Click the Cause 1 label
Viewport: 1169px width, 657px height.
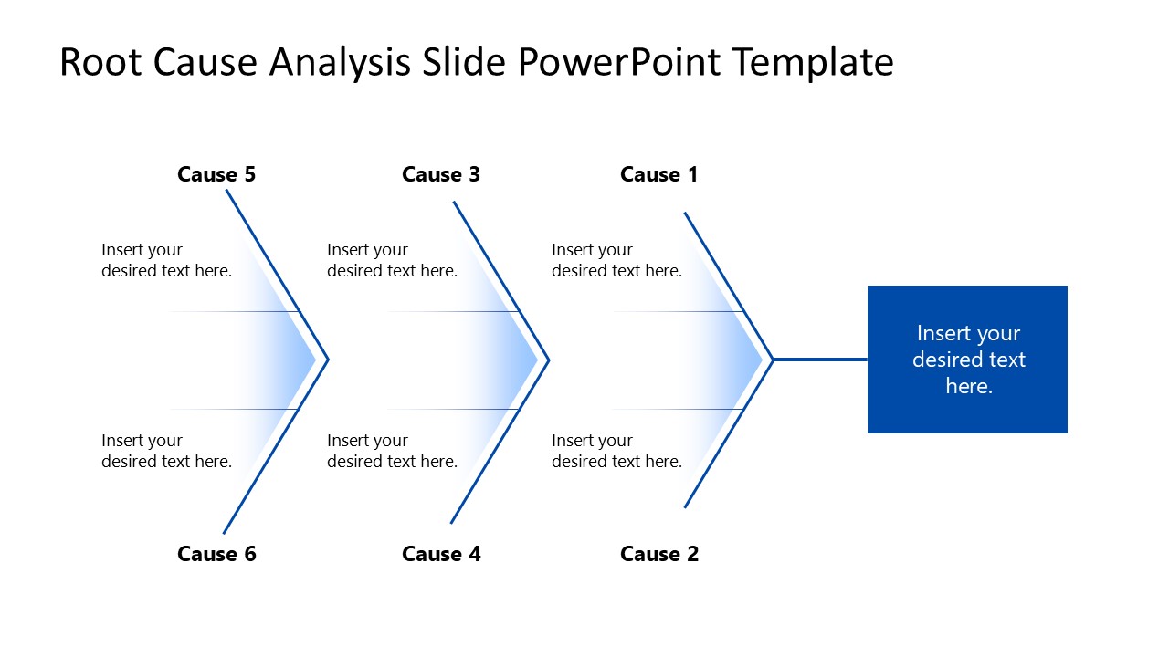[x=658, y=174]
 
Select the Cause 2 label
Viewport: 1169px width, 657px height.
[x=658, y=554]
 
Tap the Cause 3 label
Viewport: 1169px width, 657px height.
[x=440, y=174]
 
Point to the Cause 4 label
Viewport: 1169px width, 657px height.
[x=440, y=554]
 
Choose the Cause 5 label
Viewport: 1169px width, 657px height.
[x=216, y=174]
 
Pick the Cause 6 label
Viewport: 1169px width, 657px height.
[x=216, y=554]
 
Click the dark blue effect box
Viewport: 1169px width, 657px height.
[x=967, y=360]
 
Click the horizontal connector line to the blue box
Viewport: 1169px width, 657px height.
[x=820, y=360]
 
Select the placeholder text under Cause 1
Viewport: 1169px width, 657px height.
[x=616, y=260]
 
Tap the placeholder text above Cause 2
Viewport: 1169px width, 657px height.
[x=616, y=451]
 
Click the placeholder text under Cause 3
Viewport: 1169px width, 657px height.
[x=392, y=260]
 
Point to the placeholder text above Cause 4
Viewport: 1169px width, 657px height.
[x=392, y=451]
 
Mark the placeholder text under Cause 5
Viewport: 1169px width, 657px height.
[x=166, y=260]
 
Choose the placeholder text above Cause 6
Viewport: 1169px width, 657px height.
[x=166, y=451]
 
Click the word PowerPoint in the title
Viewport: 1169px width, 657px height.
[x=620, y=63]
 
